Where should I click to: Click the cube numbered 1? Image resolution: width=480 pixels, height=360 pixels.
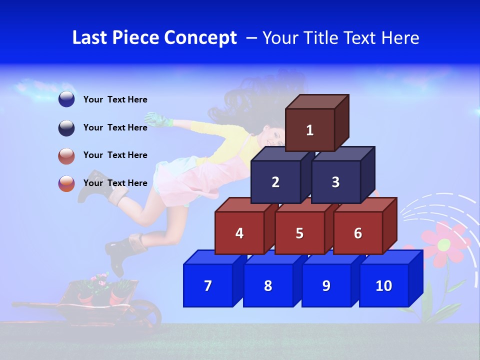(310, 130)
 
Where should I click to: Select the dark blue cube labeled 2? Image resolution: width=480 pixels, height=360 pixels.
(275, 182)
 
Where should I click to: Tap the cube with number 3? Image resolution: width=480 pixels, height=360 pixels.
(335, 182)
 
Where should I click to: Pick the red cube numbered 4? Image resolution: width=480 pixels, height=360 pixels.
(239, 233)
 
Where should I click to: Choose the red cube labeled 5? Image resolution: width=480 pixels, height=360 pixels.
(299, 233)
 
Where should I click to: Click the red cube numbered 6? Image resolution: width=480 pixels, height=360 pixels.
(358, 233)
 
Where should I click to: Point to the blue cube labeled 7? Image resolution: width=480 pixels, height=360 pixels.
(208, 285)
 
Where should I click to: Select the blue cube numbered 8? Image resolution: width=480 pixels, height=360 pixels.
(268, 285)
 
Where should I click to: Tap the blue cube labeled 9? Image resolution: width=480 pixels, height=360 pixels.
(326, 285)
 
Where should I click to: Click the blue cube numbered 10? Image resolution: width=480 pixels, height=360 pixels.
(384, 285)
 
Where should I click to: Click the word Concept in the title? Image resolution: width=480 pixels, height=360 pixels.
(200, 38)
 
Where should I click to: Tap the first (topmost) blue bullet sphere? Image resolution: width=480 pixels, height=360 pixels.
(66, 99)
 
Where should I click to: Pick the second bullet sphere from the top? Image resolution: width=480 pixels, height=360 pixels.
(66, 127)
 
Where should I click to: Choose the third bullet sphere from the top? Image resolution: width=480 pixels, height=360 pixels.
(66, 155)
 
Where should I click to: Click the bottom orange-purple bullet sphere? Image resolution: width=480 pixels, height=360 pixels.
(66, 183)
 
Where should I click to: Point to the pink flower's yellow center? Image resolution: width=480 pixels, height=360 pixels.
(444, 244)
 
